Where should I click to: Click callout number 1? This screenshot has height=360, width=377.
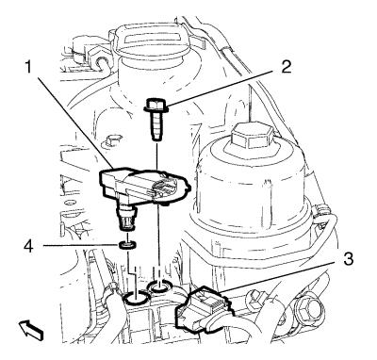click(x=29, y=67)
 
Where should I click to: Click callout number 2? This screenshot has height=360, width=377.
click(x=286, y=67)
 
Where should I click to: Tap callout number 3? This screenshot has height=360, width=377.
click(x=347, y=260)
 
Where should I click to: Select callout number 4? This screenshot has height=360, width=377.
click(x=28, y=246)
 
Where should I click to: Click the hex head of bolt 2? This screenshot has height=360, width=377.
click(x=156, y=105)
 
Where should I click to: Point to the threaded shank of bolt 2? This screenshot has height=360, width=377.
click(x=156, y=126)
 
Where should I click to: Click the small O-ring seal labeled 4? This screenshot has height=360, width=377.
click(x=128, y=245)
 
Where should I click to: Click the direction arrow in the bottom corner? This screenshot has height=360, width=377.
click(x=31, y=331)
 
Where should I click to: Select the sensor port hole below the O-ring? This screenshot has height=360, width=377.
click(x=137, y=297)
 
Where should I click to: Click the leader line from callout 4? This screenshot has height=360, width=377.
click(x=81, y=245)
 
